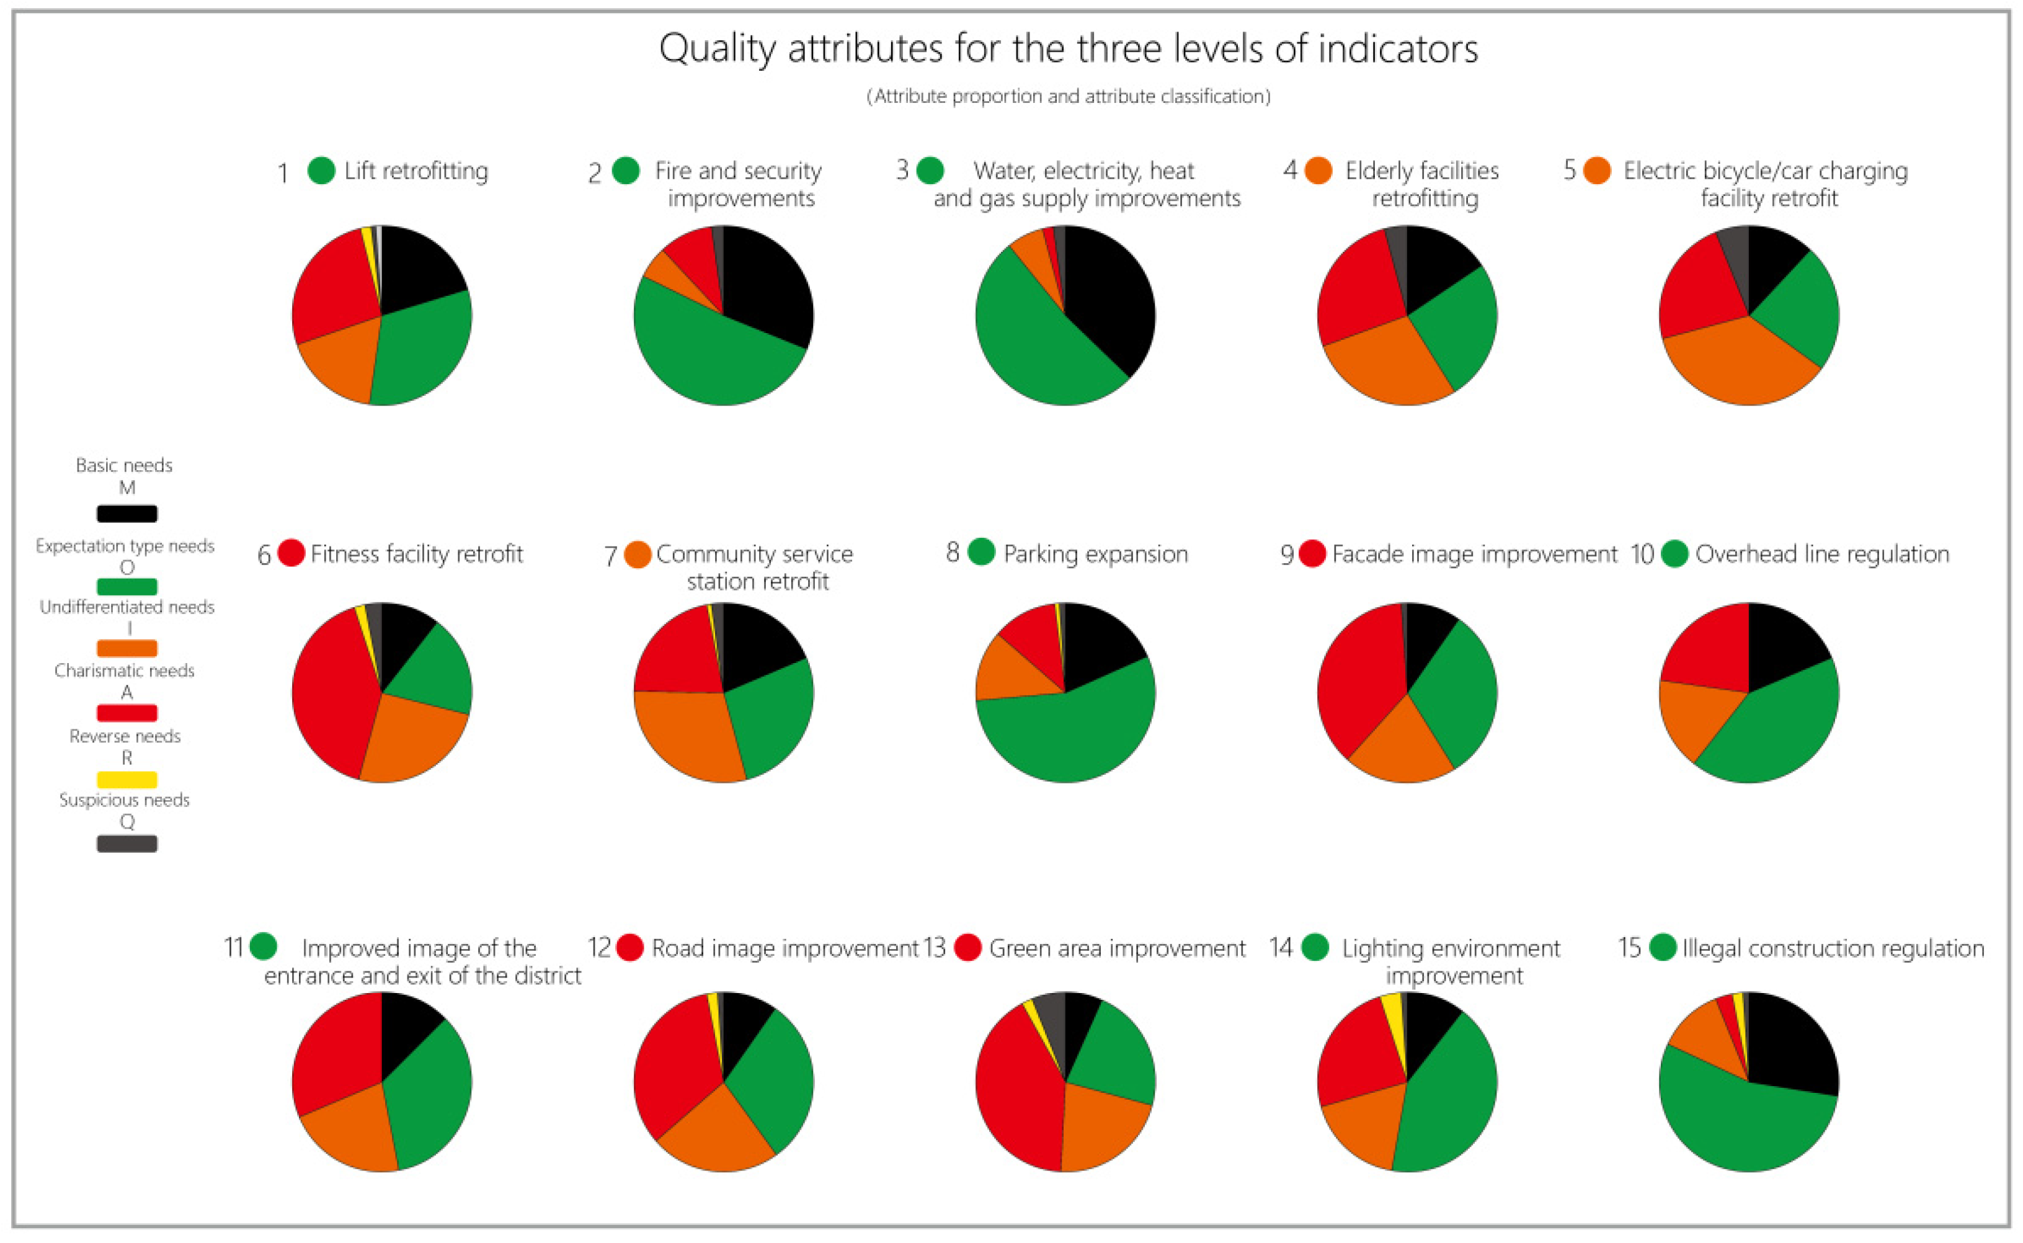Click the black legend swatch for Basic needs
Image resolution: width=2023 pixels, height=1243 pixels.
[x=127, y=513]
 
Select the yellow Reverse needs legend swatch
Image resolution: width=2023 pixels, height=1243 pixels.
[x=127, y=778]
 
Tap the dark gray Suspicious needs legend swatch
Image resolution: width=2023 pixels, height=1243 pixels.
[x=127, y=844]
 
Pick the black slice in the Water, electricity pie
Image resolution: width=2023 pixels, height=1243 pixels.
[x=1109, y=296]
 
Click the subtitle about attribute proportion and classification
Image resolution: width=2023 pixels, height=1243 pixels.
[x=1068, y=96]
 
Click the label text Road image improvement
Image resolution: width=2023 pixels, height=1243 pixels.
[x=785, y=948]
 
